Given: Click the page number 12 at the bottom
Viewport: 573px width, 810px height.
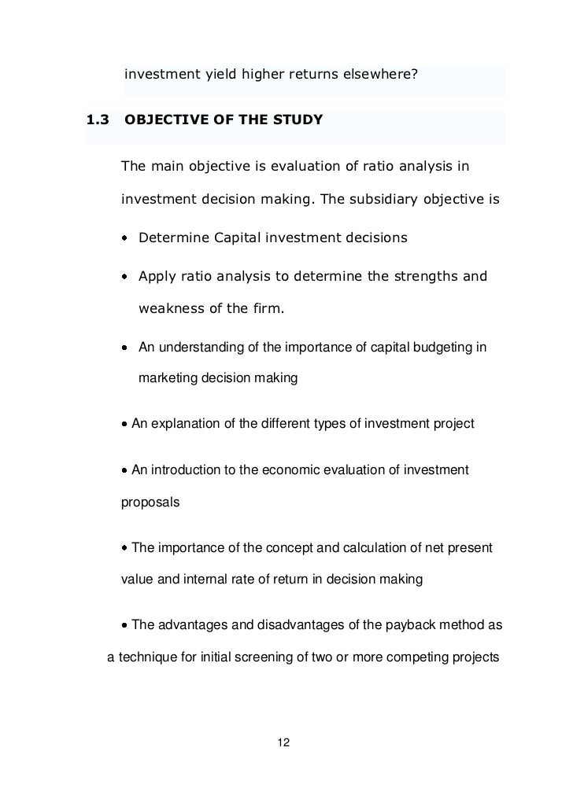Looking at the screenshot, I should (285, 743).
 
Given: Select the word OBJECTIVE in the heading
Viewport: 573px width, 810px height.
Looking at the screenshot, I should (168, 120).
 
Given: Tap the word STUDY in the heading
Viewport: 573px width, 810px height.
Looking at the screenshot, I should (298, 120).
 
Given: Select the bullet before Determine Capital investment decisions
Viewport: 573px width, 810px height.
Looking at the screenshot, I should (126, 237).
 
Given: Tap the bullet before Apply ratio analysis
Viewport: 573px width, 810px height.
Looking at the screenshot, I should (126, 277).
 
